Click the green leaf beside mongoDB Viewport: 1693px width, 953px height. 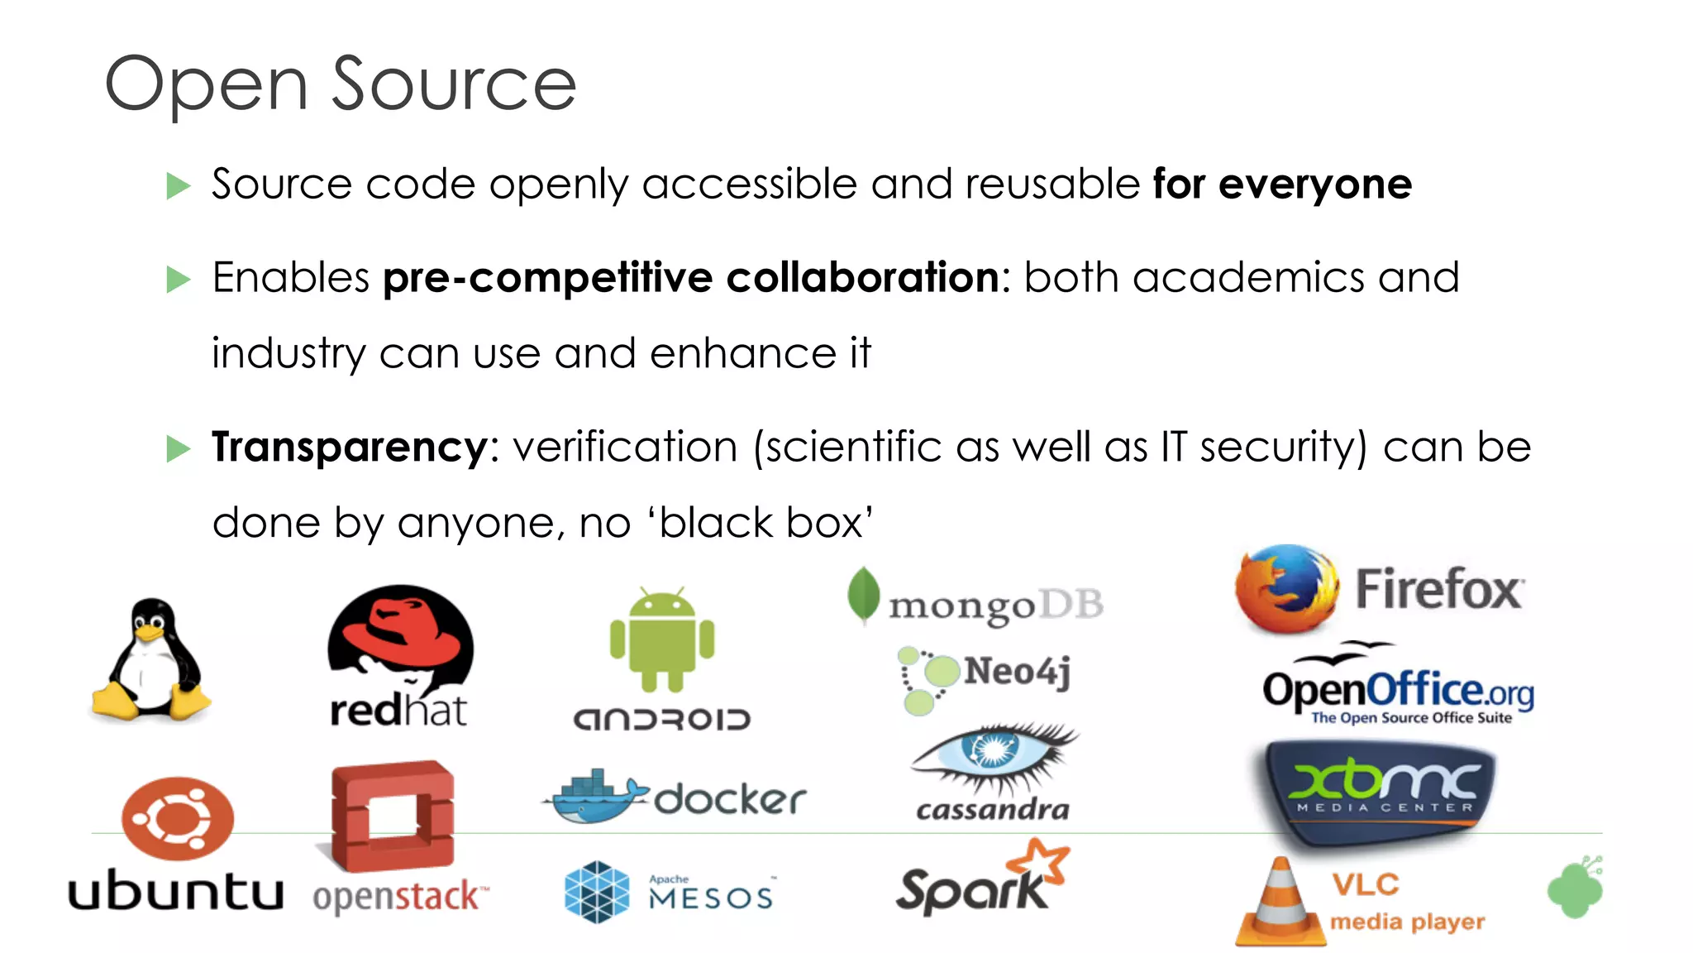863,595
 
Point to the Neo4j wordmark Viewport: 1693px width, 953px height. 1017,670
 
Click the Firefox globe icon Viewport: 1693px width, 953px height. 1286,589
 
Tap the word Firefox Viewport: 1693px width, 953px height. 1439,590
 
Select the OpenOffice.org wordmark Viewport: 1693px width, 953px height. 1398,690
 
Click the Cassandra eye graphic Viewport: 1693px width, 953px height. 993,752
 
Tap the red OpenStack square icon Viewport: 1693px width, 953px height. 393,816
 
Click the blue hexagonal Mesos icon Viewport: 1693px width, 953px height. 597,892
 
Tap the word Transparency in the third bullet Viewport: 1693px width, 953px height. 350,448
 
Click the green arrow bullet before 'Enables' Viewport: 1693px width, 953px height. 178,280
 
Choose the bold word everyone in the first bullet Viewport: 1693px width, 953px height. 1314,184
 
